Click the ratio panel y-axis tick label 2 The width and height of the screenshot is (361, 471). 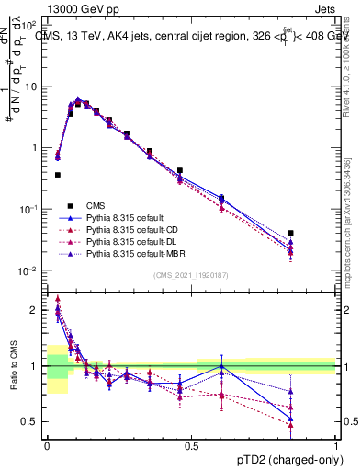35,310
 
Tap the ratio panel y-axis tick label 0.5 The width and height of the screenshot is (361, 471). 31,421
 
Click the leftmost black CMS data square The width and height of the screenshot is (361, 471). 57,174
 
